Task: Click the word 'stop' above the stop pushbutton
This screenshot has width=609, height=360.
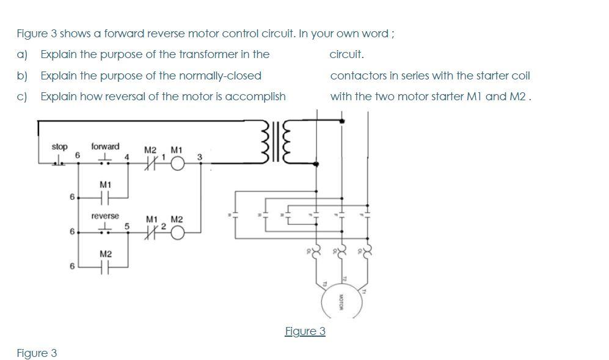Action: (x=59, y=147)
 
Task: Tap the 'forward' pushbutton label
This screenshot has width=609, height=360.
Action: (x=105, y=147)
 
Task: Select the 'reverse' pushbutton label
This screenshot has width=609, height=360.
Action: (x=105, y=216)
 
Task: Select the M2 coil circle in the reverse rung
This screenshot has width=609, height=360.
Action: (x=178, y=232)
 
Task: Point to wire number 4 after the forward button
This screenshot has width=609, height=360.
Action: (x=126, y=158)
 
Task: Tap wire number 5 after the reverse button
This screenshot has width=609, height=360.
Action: (x=126, y=227)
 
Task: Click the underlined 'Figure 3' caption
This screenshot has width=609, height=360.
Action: (x=305, y=331)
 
